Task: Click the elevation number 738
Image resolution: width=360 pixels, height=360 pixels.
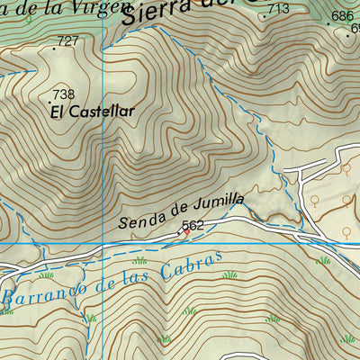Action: click(63, 94)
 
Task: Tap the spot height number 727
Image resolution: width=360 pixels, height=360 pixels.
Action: click(67, 40)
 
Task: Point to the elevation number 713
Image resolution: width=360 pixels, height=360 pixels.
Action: click(278, 9)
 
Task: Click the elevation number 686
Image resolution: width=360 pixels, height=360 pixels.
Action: click(342, 16)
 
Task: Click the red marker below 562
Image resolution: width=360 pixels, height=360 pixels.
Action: click(186, 232)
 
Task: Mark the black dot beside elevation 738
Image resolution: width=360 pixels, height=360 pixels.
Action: click(51, 103)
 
